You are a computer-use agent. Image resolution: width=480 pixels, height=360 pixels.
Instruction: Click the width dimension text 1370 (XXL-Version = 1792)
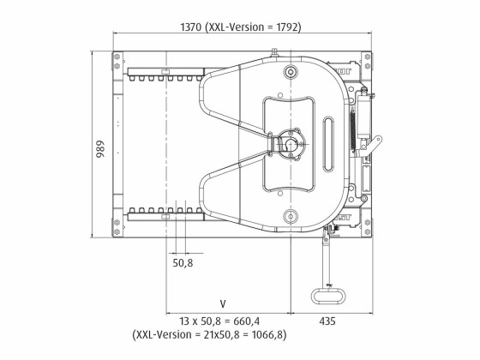[241, 27]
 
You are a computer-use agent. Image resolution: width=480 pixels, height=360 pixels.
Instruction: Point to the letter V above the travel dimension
[222, 303]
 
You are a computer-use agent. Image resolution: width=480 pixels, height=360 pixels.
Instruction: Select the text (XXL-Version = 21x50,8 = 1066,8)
[222, 337]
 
